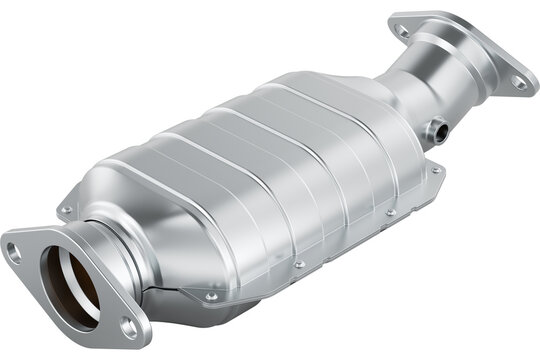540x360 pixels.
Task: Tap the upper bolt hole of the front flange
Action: pos(14,252)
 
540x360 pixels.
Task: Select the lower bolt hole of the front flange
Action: pos(129,326)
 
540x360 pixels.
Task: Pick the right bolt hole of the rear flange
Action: pos(519,82)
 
